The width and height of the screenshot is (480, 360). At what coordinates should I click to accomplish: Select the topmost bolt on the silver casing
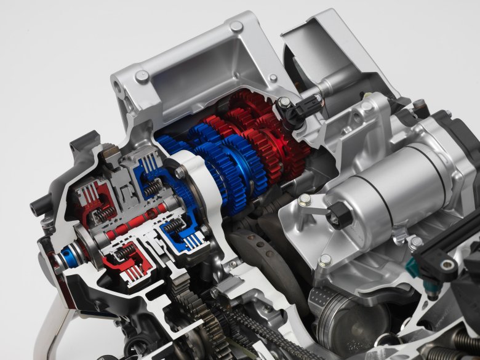point(236,26)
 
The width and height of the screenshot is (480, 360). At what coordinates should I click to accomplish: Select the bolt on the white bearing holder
point(179,174)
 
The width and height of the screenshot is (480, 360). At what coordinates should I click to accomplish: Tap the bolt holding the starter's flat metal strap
point(304,200)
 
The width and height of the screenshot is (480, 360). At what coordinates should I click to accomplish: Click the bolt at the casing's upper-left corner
point(142,77)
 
